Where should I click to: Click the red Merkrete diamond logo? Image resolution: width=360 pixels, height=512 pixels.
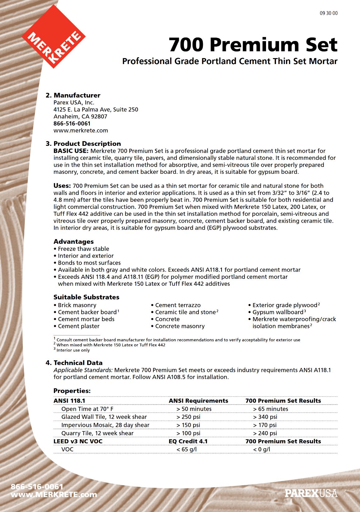coord(54,37)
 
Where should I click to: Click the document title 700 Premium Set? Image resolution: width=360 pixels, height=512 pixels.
coord(253,44)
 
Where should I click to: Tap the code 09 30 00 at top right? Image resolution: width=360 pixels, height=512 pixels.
coord(329,13)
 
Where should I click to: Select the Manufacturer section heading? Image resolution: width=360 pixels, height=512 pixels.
coord(77,95)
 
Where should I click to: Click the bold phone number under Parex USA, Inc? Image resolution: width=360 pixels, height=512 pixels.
coord(72,123)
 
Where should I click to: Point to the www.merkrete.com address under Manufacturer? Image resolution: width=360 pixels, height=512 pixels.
coord(81,131)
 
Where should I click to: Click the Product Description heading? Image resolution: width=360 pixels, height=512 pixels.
coord(87,144)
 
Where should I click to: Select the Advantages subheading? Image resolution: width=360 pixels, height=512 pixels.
coord(73,242)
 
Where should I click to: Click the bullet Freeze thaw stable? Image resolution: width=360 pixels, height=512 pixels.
coord(83,249)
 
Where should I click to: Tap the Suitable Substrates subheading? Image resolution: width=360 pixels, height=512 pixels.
coord(86,297)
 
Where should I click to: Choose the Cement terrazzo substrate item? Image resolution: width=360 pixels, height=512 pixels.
coord(178,305)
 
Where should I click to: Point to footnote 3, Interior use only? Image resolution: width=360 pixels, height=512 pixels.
coord(73,350)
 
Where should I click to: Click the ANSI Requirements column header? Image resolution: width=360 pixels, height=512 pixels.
coord(198,401)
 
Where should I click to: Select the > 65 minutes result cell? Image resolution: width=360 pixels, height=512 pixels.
coord(270,409)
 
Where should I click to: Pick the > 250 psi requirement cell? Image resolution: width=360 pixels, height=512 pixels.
coord(188,417)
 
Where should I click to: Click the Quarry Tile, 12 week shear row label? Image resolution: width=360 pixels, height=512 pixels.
coord(97,433)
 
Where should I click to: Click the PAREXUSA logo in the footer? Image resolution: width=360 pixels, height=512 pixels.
coord(311,493)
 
